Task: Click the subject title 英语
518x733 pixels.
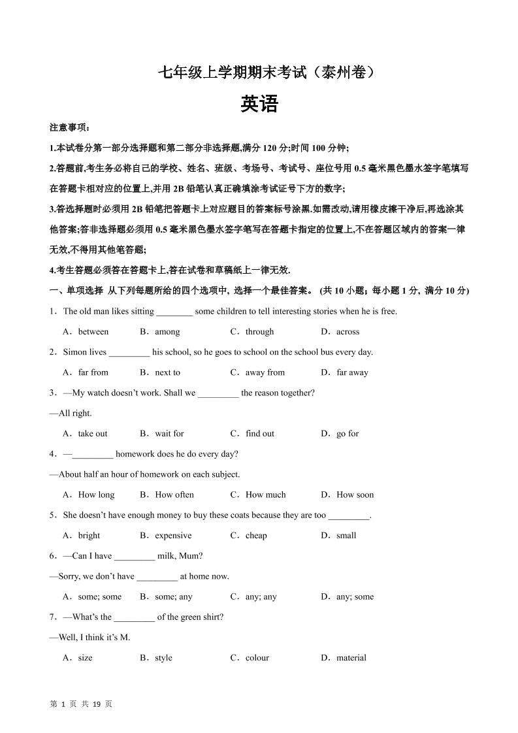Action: (x=259, y=105)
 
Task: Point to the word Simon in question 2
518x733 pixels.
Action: (x=75, y=352)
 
